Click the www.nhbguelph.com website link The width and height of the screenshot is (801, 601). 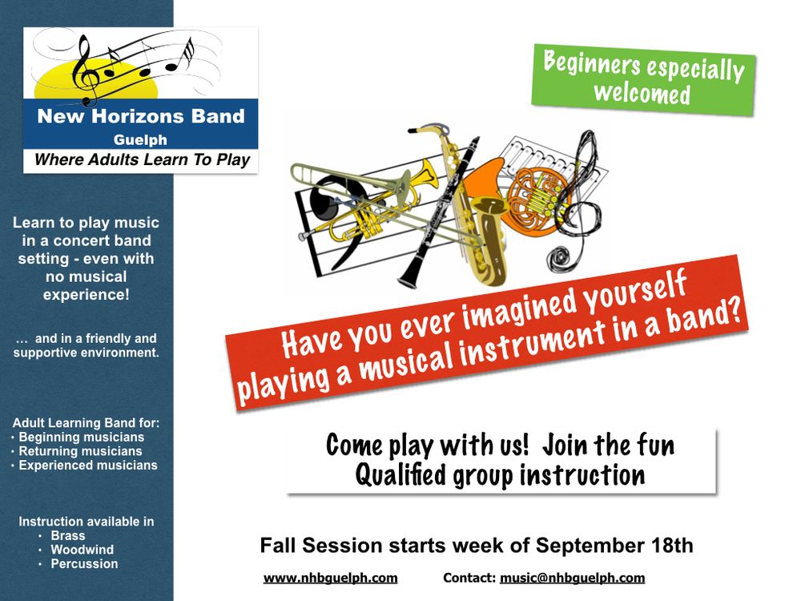coord(330,578)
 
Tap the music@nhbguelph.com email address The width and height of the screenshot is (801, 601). coord(572,578)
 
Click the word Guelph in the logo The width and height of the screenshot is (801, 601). coord(140,139)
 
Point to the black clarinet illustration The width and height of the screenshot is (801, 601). coord(438,212)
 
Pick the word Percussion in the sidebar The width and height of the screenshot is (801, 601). coord(84,563)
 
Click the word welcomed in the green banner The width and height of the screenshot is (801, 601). coord(642,94)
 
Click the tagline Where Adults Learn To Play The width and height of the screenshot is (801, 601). coord(142,160)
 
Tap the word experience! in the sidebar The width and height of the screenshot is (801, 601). coord(86,295)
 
